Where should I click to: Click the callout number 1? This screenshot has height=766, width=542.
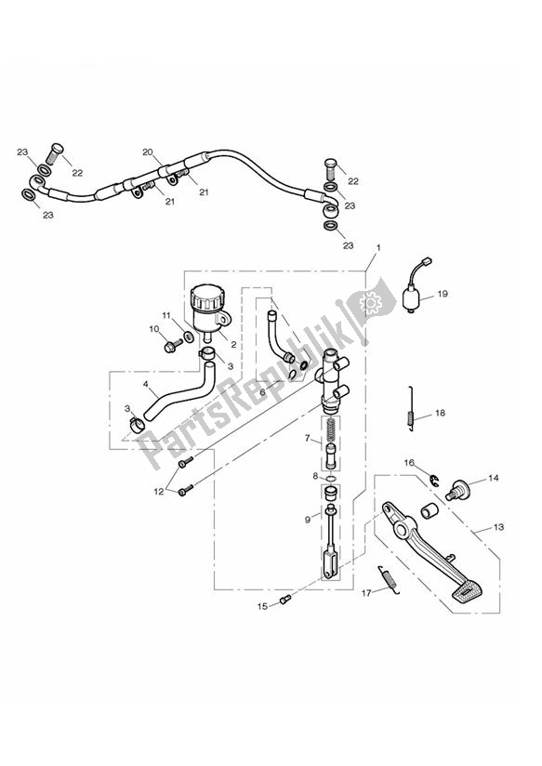pyautogui.click(x=379, y=248)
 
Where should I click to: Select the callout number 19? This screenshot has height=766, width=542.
pyautogui.click(x=442, y=294)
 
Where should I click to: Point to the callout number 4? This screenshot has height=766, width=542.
pyautogui.click(x=145, y=382)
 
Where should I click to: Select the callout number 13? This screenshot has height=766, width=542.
pyautogui.click(x=498, y=527)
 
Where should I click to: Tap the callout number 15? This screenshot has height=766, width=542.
pyautogui.click(x=262, y=605)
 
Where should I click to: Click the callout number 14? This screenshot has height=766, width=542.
pyautogui.click(x=493, y=479)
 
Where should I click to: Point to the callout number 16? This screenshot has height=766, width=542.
pyautogui.click(x=408, y=462)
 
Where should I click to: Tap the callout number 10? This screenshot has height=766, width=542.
pyautogui.click(x=154, y=328)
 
